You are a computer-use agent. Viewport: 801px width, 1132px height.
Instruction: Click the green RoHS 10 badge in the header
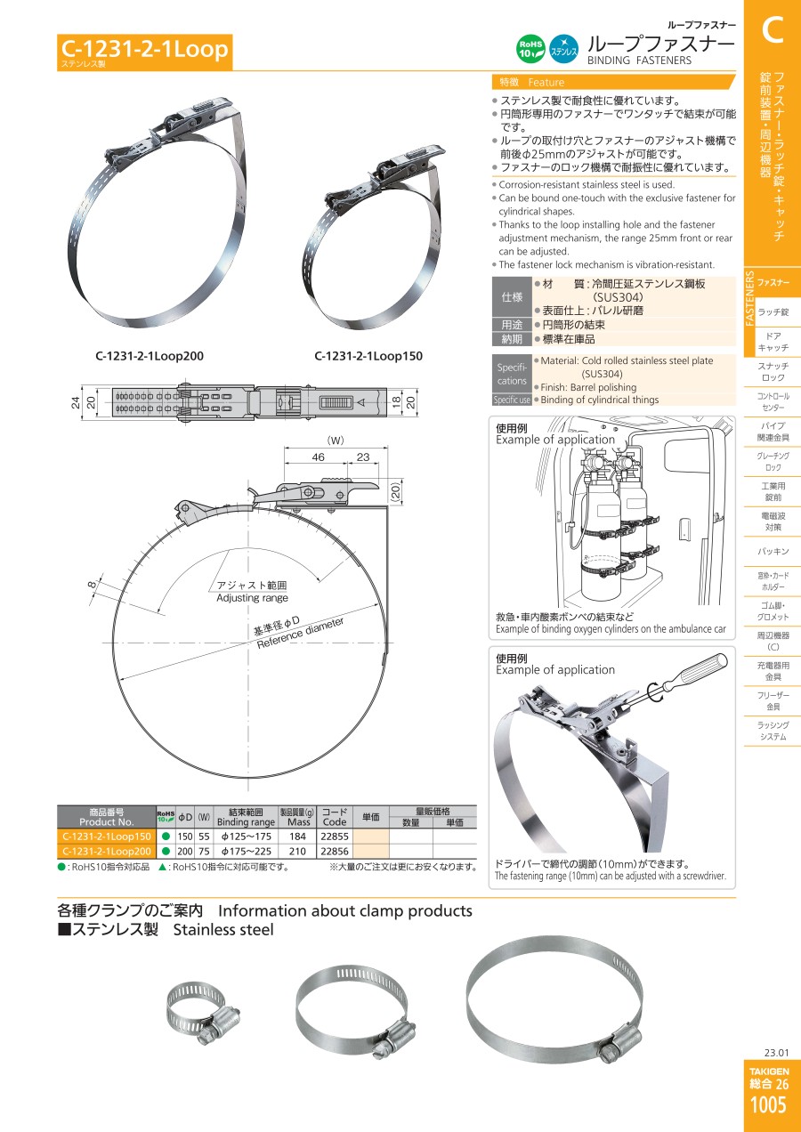(530, 49)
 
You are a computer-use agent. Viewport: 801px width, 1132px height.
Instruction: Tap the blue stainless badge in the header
(563, 49)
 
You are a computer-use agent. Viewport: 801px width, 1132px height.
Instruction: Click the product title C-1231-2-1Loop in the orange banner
(144, 49)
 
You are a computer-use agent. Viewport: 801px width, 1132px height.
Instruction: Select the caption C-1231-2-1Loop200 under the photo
(150, 356)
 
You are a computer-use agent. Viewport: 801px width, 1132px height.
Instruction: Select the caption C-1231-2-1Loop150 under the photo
(368, 356)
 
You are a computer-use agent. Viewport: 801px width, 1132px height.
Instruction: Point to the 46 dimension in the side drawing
(318, 457)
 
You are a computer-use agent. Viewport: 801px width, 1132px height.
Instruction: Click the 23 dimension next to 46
(363, 457)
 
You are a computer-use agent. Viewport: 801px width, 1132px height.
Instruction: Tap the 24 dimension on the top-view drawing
(76, 402)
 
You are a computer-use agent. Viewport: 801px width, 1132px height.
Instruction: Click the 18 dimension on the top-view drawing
(397, 402)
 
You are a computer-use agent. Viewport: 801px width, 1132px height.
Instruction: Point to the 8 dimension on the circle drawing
(92, 585)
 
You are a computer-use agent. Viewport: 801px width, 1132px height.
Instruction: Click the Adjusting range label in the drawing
(252, 598)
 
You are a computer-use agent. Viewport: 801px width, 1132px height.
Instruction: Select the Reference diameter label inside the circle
(300, 633)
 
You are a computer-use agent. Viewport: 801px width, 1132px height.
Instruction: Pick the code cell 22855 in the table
(335, 837)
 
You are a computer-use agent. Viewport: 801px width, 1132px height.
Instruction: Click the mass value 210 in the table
(297, 851)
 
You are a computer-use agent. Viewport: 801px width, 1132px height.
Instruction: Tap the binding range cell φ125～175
(247, 837)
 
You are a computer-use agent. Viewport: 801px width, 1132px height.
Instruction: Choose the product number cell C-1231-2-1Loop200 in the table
(107, 851)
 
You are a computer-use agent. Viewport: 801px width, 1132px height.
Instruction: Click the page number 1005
(769, 1105)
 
